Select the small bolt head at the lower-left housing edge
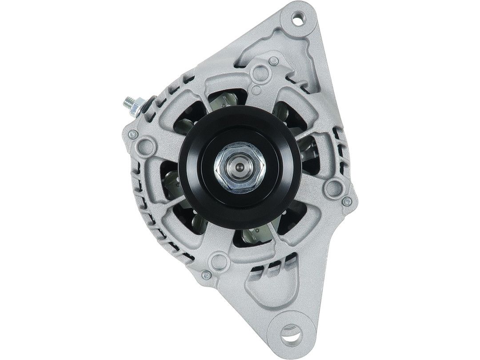[x=205, y=276]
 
